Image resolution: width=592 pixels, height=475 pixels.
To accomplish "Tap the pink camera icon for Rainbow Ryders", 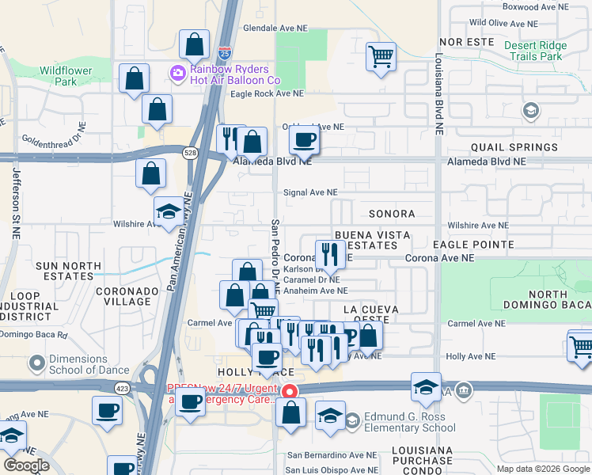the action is point(177,74).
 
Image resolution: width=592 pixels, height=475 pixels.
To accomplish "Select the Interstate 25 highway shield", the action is point(226,54).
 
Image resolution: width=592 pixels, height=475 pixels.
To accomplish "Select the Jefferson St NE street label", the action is point(15,194).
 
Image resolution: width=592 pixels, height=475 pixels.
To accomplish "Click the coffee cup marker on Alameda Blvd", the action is point(304,141).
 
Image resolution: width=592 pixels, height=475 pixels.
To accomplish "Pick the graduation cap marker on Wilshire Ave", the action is point(169,211).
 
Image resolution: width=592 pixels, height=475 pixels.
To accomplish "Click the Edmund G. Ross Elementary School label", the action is point(410,423).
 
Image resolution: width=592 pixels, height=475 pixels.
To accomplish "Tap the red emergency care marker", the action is point(290,391).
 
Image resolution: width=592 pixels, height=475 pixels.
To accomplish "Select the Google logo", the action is point(25,465).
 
